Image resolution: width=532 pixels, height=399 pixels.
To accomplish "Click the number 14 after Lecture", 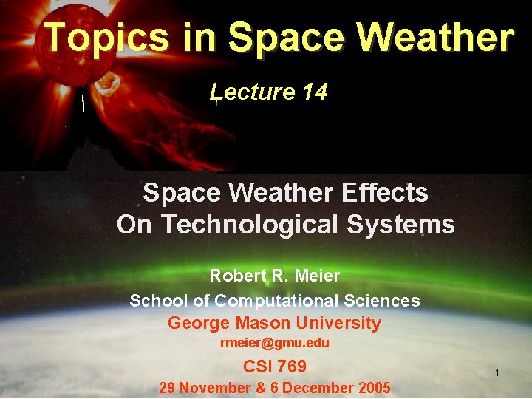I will point(314,92).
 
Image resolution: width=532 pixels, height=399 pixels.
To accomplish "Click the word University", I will point(339,324).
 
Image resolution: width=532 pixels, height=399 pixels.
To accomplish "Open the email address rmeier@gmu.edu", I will point(275,344).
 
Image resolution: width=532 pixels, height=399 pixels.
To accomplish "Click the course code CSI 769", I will point(275,366).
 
